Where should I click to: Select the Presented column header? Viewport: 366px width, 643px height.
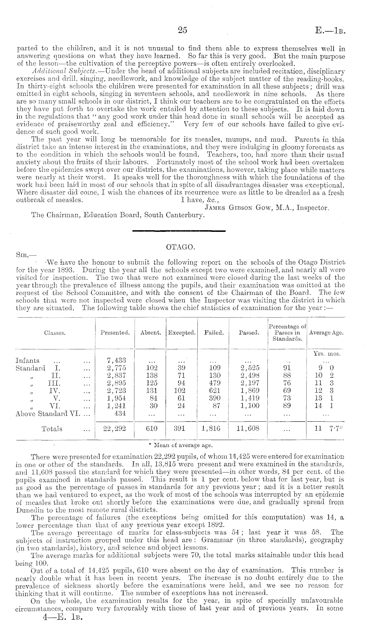pos(115,333)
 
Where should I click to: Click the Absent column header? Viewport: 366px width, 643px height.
pos(150,333)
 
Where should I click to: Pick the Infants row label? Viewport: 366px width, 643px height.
pos(27,361)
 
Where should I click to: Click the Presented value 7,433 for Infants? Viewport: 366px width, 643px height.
pos(115,361)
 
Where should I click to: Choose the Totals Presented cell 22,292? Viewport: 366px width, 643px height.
pos(115,429)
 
